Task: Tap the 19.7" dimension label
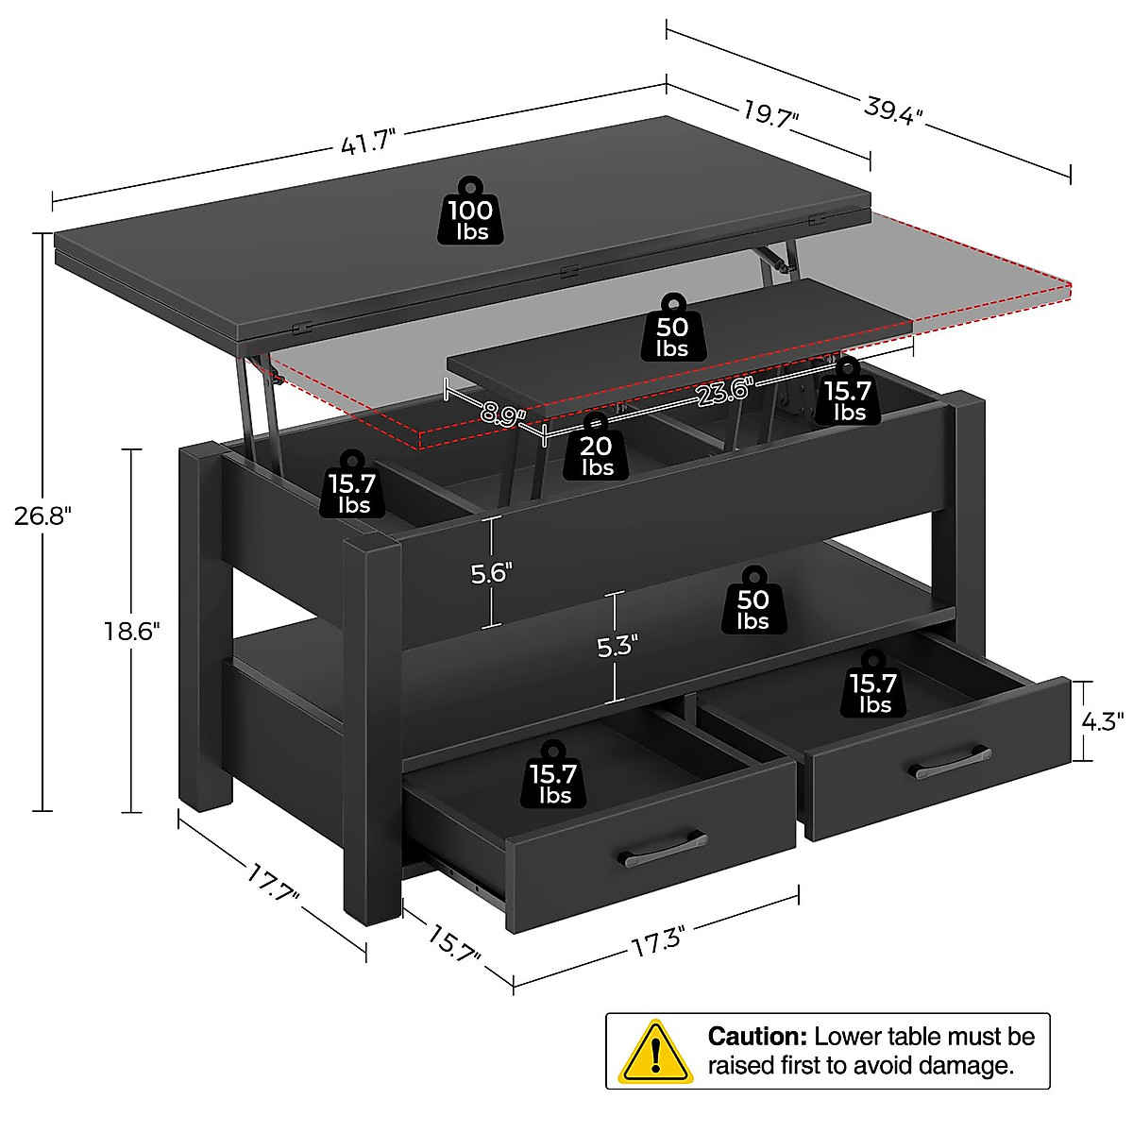pyautogui.click(x=770, y=114)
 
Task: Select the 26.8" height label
pyautogui.click(x=42, y=516)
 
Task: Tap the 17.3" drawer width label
pyautogui.click(x=657, y=941)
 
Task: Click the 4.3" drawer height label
pyautogui.click(x=1102, y=721)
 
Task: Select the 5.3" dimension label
pyautogui.click(x=617, y=647)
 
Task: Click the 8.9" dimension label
pyautogui.click(x=501, y=414)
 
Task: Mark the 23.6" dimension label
pyautogui.click(x=722, y=390)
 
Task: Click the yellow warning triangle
pyautogui.click(x=654, y=1051)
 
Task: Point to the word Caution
pyautogui.click(x=757, y=1037)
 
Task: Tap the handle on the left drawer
pyautogui.click(x=663, y=851)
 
